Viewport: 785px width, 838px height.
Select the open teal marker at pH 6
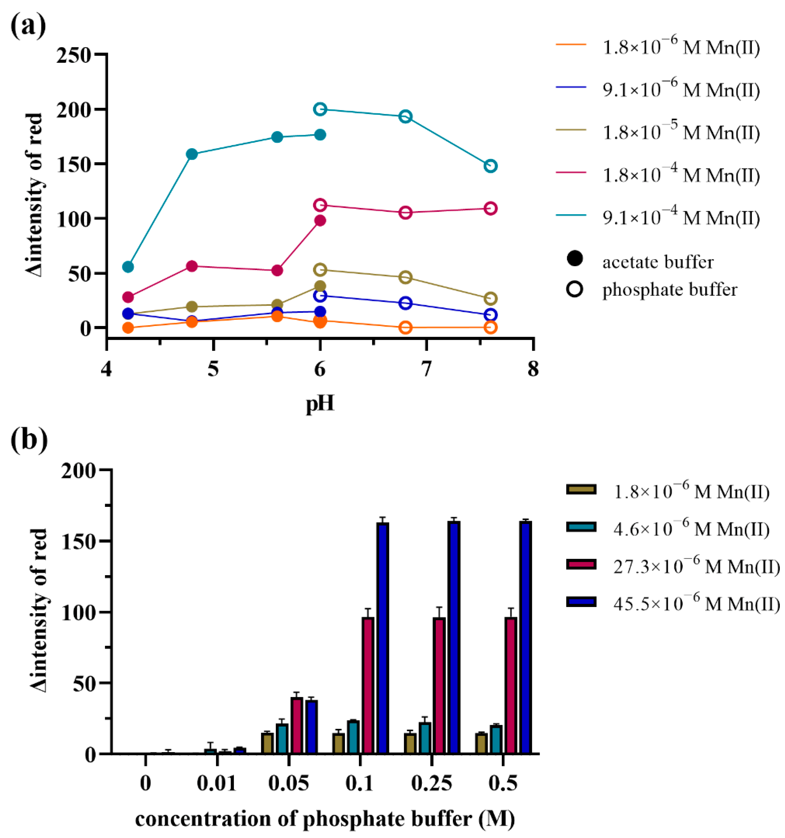[320, 109]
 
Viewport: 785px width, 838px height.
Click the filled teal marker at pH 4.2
[128, 267]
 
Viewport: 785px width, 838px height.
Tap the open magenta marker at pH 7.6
[490, 208]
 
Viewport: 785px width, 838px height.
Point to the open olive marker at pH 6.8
[405, 277]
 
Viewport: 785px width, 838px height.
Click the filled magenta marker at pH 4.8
[192, 266]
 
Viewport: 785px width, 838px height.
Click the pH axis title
[320, 403]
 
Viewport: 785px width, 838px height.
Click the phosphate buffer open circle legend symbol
[575, 290]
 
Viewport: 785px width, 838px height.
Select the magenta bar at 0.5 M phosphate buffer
[511, 685]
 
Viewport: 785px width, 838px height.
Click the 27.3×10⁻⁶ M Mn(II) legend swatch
[581, 564]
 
